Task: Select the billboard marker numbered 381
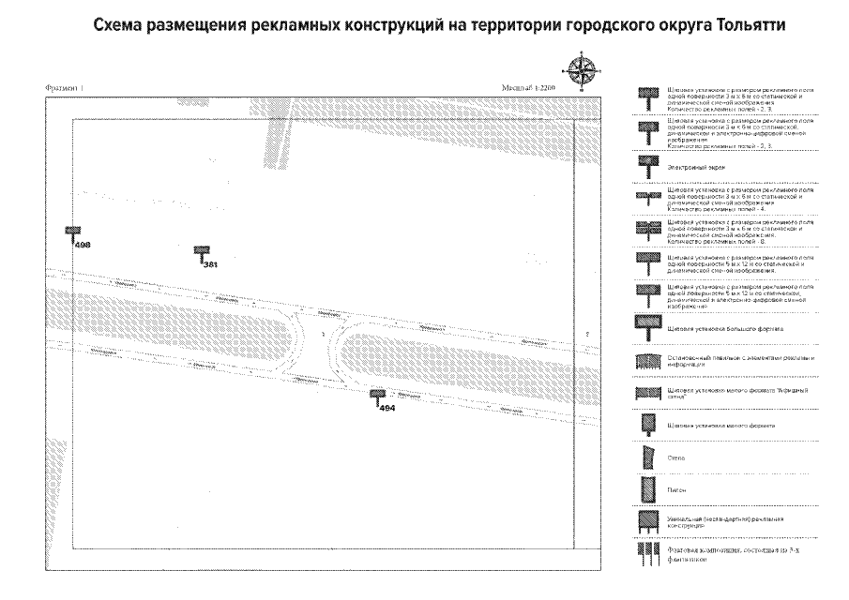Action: pos(202,253)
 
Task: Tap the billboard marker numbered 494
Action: pos(377,397)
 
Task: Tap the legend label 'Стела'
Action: pos(675,458)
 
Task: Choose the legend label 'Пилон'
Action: pos(676,489)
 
